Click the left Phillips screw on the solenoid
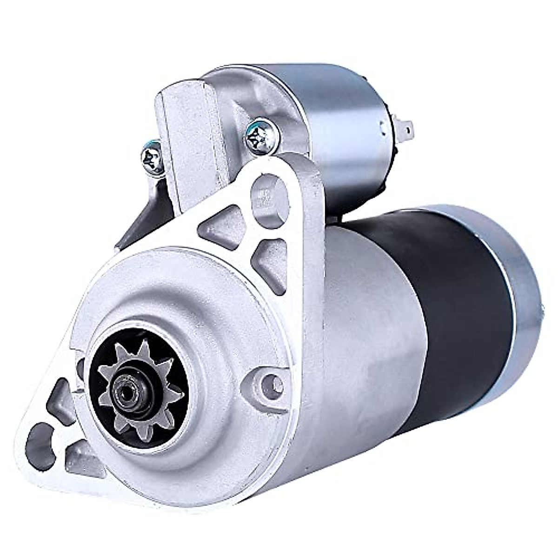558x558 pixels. [153, 158]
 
